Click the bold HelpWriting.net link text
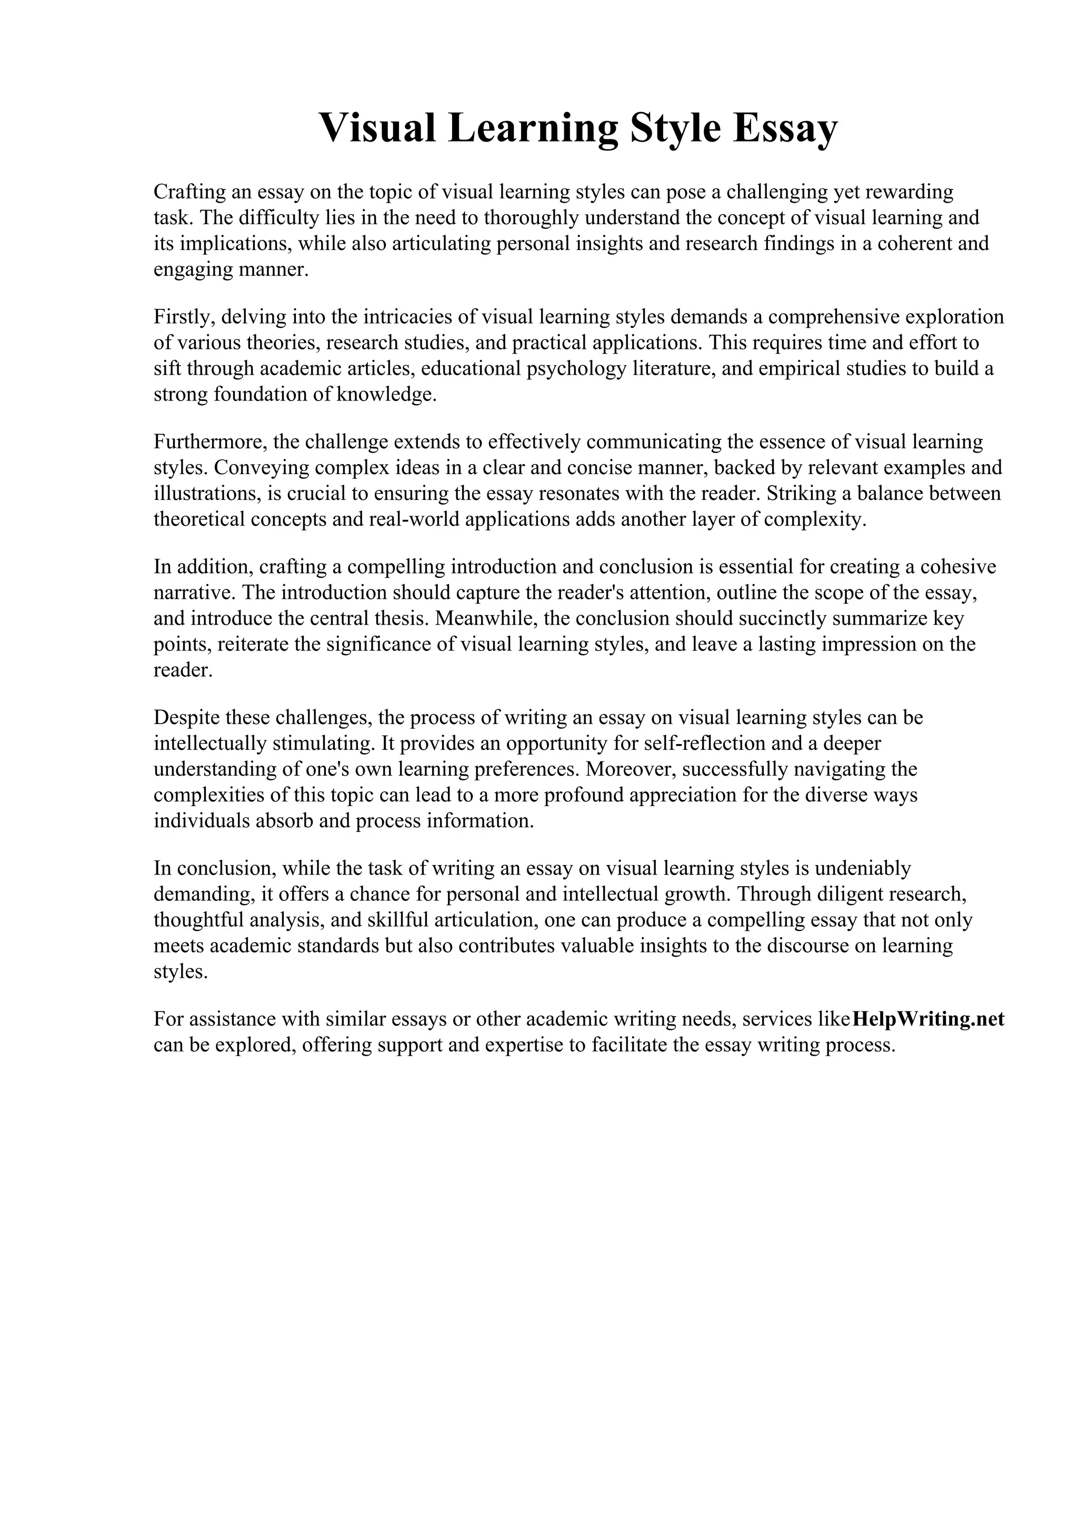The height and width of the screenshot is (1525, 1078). click(x=928, y=1019)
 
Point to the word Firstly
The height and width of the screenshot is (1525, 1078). click(x=182, y=317)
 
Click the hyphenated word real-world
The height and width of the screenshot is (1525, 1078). click(x=414, y=519)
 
